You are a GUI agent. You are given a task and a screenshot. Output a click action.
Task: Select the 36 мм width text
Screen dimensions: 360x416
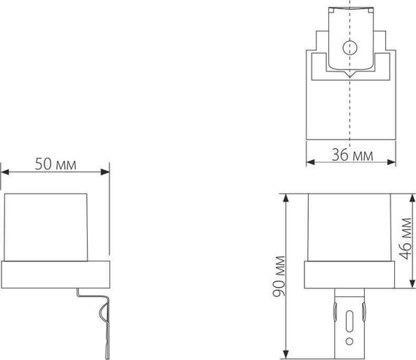point(352,155)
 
